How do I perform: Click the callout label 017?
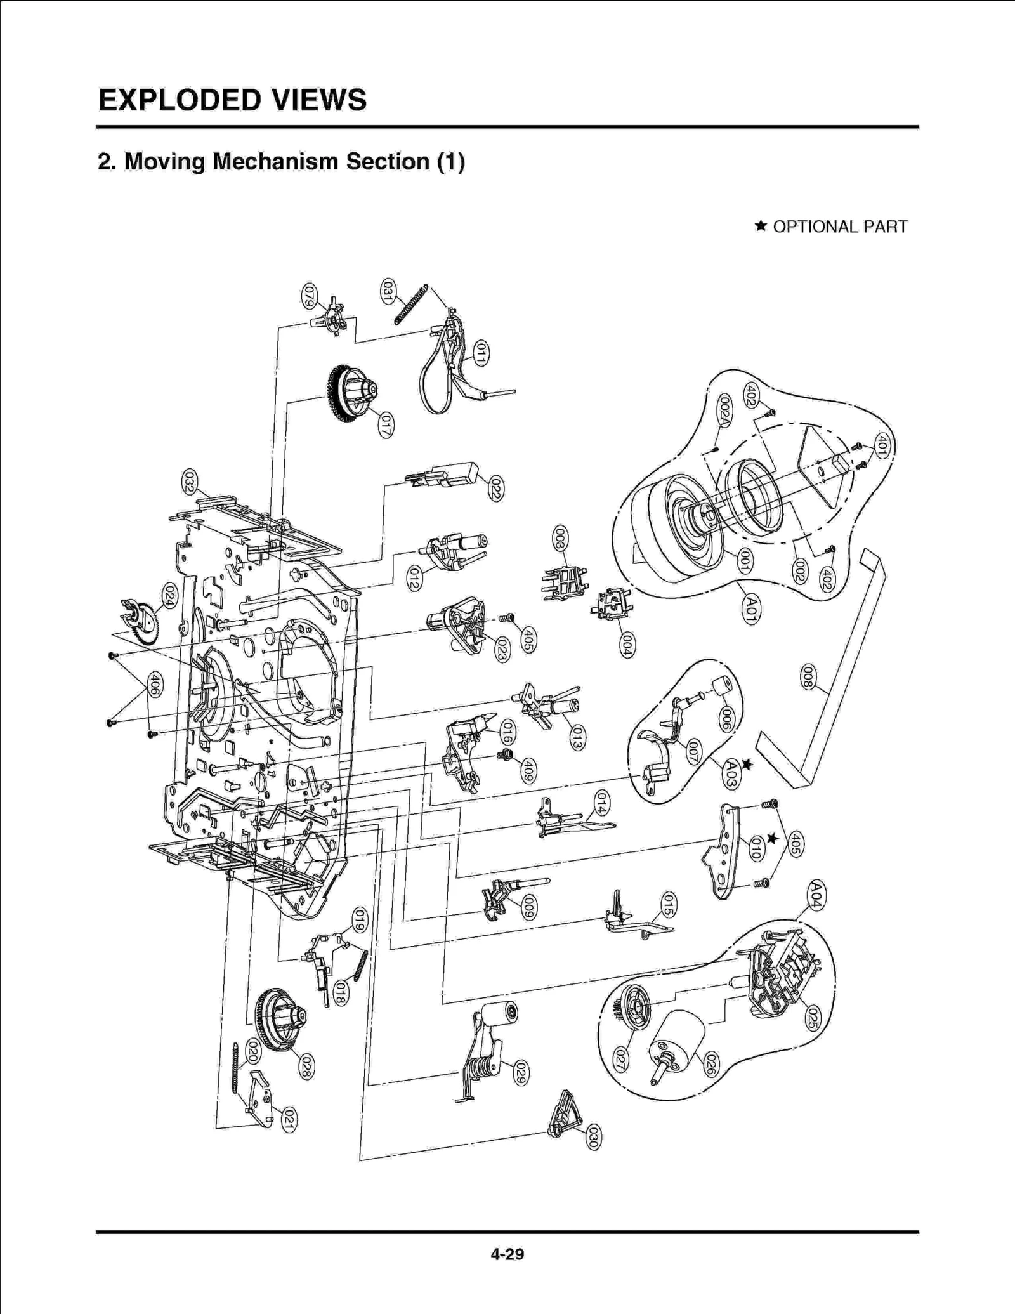click(386, 424)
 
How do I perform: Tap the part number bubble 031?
click(387, 291)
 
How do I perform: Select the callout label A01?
click(750, 610)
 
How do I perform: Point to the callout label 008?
click(807, 677)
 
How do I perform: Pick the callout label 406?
click(154, 686)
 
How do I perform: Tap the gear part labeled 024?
click(141, 622)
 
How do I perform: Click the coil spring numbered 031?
click(410, 305)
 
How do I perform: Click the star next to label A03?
click(747, 765)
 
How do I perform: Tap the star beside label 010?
click(772, 839)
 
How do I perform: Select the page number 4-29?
click(507, 1254)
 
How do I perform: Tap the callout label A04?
click(816, 895)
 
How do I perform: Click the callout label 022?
click(495, 488)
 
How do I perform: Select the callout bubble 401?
click(882, 445)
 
